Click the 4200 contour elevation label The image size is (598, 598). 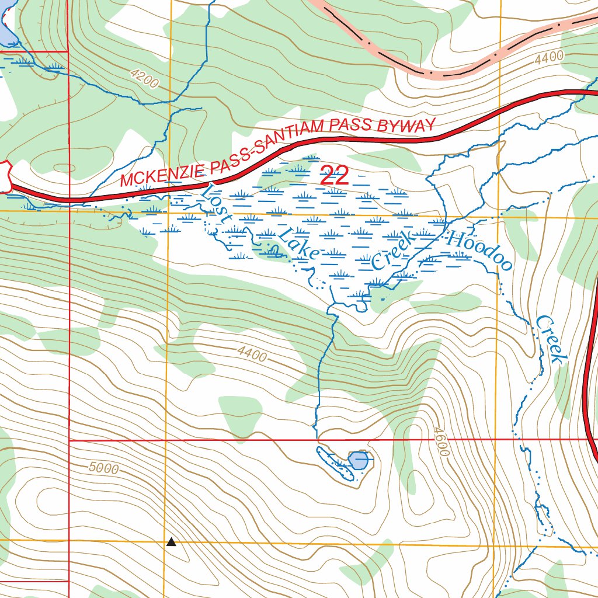[x=144, y=79]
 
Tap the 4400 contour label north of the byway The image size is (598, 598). [x=549, y=57]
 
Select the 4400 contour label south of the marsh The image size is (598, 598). [x=252, y=353]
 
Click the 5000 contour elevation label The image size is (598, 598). [x=105, y=468]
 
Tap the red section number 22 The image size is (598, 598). [x=335, y=176]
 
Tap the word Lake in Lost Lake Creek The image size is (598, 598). [x=298, y=244]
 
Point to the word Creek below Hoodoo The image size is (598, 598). [x=552, y=339]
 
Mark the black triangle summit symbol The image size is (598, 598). [x=171, y=542]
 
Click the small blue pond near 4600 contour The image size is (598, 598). [x=359, y=461]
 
